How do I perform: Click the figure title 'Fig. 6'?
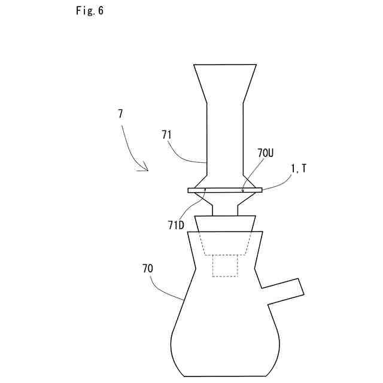(x=90, y=11)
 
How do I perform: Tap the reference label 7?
(x=120, y=113)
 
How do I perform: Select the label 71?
(x=166, y=135)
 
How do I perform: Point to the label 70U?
(x=266, y=153)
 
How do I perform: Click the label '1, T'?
(x=299, y=169)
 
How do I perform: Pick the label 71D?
(x=176, y=225)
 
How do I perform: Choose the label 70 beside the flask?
(x=147, y=269)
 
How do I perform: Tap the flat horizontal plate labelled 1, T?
(x=225, y=190)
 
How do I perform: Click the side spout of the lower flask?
(x=281, y=291)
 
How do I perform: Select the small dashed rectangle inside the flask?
(x=225, y=266)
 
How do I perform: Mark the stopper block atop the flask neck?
(x=225, y=224)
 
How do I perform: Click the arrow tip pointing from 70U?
(x=243, y=191)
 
